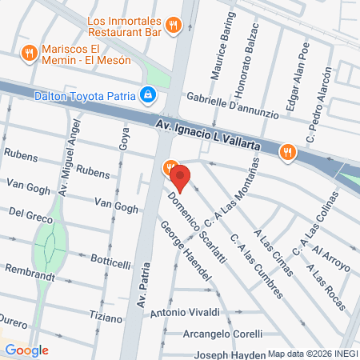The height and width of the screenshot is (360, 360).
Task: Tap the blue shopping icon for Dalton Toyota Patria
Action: tap(147, 95)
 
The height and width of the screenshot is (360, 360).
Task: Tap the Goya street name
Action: tap(124, 141)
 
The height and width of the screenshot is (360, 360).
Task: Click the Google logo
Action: tap(27, 350)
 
